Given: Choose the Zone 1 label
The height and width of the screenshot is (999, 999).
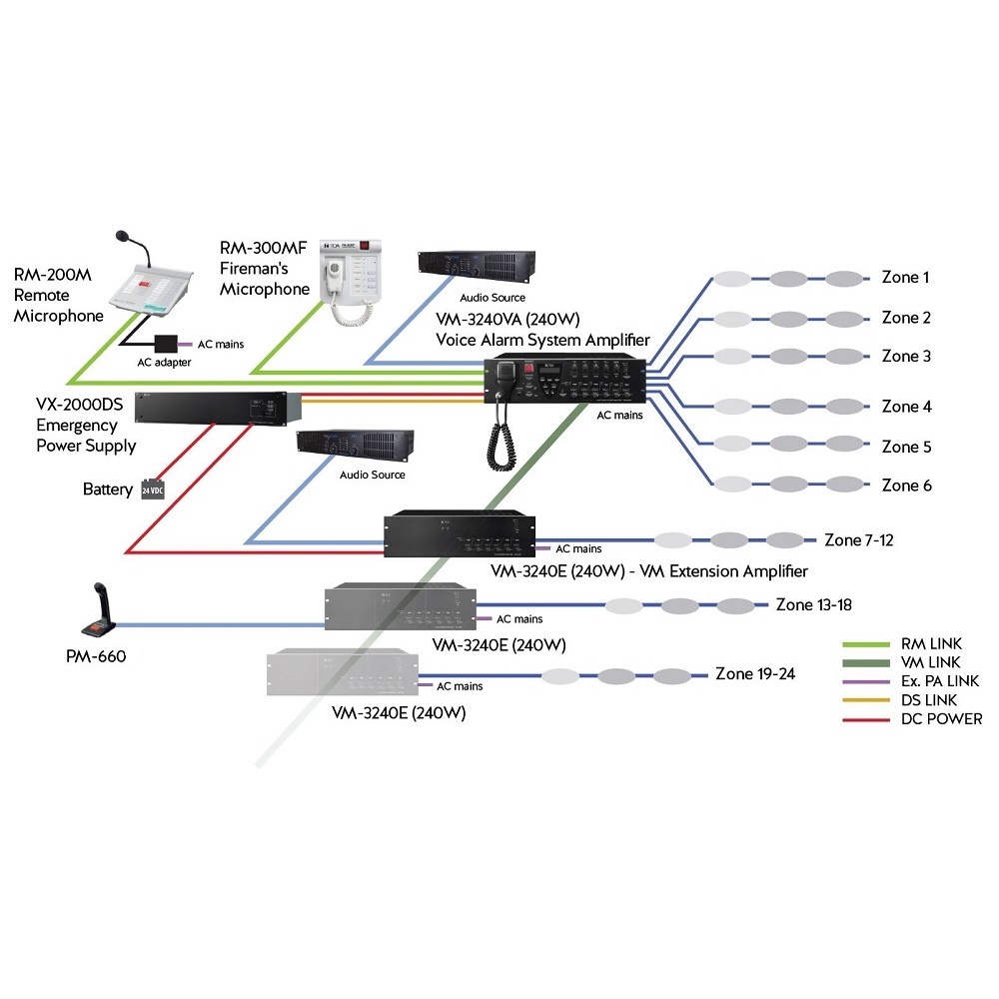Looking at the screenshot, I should coord(905,278).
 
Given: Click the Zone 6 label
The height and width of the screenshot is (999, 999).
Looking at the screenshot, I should coord(906,486).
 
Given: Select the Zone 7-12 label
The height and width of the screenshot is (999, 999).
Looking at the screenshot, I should coord(859,540).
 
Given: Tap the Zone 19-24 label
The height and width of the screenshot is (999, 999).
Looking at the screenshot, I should coord(755,673).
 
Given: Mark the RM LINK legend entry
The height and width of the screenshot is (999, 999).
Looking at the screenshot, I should coord(931,644).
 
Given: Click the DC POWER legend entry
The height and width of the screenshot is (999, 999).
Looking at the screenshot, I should coord(941,719).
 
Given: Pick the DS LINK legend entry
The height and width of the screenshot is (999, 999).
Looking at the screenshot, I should coord(929,700).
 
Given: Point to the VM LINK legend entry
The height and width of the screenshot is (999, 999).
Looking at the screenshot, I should coord(930,662).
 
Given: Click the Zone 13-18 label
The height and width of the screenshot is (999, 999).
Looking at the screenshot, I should coord(813,605).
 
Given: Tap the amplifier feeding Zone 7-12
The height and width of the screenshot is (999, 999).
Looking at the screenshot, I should coord(459,535).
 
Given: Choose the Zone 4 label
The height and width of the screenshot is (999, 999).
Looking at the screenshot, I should coord(906,407).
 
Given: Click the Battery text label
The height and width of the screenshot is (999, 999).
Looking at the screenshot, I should coord(108,491).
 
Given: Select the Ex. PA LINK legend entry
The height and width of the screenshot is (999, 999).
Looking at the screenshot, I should coord(940,681).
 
